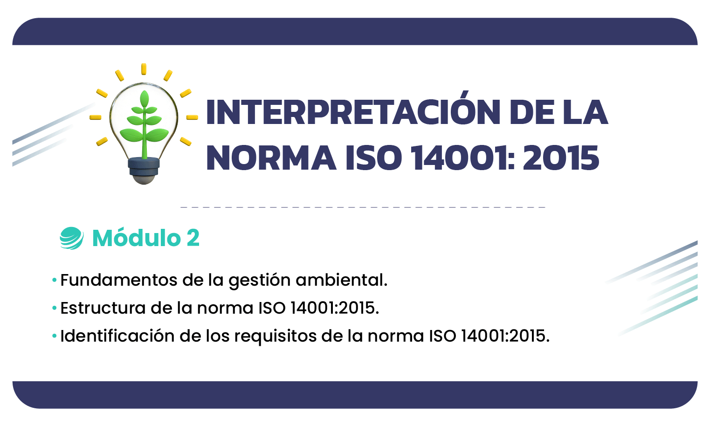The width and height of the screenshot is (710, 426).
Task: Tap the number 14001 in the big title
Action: [464, 158]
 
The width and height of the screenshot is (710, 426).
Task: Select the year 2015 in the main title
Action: [561, 158]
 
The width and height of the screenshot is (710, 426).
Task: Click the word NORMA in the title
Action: [271, 158]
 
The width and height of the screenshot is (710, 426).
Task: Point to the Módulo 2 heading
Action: [146, 238]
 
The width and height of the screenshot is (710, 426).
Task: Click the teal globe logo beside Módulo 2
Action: [72, 238]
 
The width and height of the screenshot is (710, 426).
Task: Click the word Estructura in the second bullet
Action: [103, 308]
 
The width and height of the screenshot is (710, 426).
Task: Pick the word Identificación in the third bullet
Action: [117, 336]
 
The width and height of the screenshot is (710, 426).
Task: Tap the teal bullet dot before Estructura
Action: [55, 308]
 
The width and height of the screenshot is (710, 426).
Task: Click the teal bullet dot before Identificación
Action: [55, 336]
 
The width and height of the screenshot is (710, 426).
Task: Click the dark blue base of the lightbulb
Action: [144, 166]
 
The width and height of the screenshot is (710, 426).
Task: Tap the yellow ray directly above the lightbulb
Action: [144, 69]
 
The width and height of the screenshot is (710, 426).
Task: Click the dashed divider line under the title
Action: [363, 207]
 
